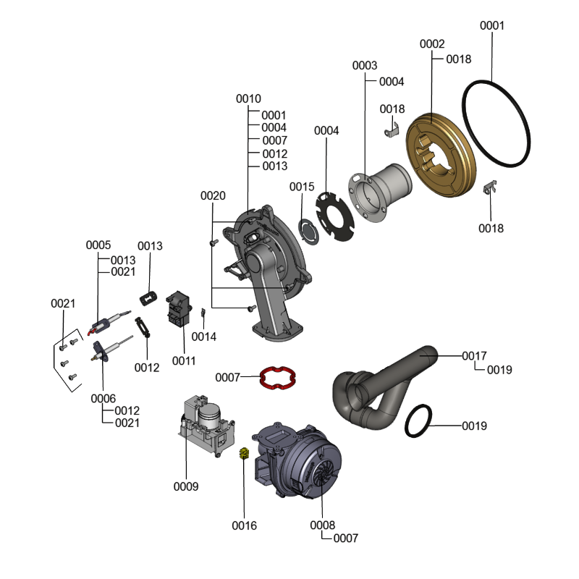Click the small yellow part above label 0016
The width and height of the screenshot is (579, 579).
tap(244, 453)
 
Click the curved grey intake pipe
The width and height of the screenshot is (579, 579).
tap(384, 388)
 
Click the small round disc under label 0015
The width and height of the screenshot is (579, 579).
tap(308, 232)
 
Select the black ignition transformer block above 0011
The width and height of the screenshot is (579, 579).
tap(179, 308)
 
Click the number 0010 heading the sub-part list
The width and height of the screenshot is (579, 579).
tap(248, 99)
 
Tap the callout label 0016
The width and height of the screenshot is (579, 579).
tap(244, 525)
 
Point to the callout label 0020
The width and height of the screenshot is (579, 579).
tap(213, 195)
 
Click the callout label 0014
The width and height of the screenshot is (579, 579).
tap(204, 337)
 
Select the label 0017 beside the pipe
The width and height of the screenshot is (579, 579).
tap(475, 356)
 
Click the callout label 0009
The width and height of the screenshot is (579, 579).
tap(186, 486)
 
